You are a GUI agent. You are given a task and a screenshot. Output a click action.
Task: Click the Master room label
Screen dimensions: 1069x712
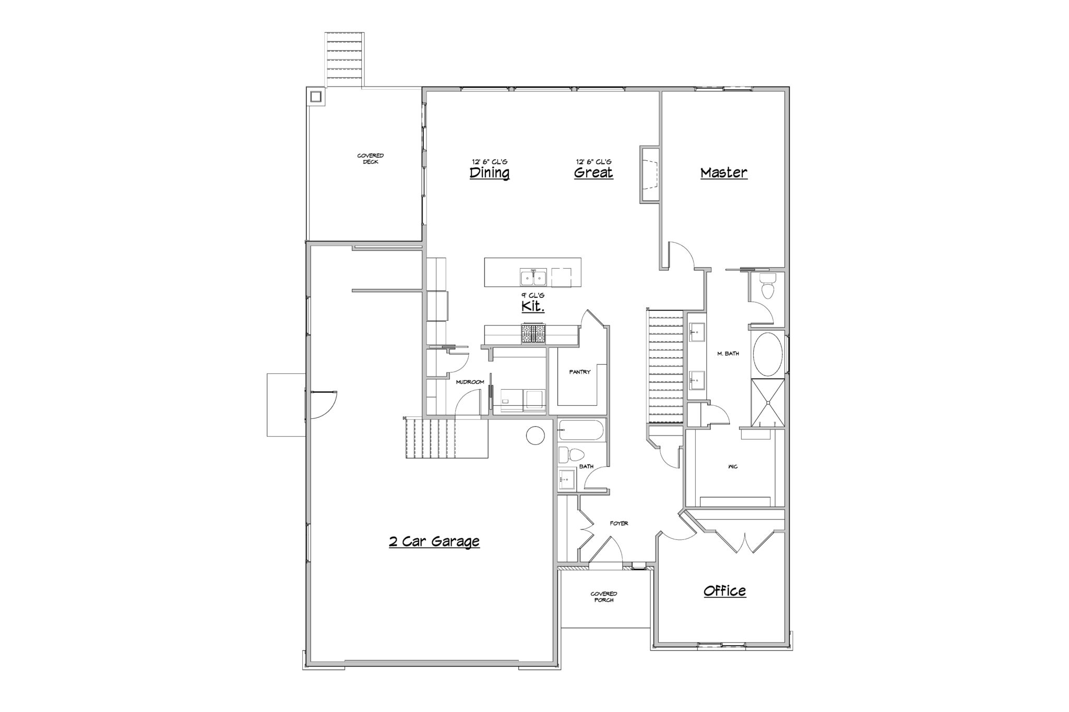click(x=723, y=173)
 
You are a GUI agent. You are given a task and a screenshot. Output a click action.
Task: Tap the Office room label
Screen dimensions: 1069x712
click(x=724, y=591)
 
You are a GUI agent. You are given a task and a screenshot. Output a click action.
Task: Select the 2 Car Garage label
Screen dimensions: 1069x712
click(x=434, y=541)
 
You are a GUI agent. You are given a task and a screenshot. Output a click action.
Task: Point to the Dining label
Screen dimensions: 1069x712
click(x=490, y=173)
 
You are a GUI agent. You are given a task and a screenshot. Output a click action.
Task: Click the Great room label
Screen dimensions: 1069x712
click(x=593, y=173)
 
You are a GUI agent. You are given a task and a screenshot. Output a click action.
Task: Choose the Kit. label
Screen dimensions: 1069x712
click(x=533, y=307)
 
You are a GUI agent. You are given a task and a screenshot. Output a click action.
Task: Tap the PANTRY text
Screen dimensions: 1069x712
click(x=580, y=372)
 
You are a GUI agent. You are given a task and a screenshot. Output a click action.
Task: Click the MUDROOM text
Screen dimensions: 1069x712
click(x=470, y=382)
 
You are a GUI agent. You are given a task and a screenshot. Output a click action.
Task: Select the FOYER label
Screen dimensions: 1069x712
click(x=619, y=523)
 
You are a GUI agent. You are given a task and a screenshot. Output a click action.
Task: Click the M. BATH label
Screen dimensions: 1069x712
click(x=728, y=354)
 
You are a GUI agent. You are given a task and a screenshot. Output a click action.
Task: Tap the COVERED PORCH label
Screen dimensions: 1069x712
click(x=604, y=597)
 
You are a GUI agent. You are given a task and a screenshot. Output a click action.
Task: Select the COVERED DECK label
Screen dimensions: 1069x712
click(x=371, y=159)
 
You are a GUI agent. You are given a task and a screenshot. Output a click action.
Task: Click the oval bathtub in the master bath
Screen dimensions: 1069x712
click(x=767, y=355)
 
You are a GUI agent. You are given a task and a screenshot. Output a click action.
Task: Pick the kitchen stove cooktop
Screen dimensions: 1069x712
click(x=533, y=333)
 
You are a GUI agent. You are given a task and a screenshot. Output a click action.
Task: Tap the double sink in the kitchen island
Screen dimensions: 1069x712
click(x=533, y=278)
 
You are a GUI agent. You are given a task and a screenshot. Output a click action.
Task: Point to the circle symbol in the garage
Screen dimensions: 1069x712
click(x=536, y=435)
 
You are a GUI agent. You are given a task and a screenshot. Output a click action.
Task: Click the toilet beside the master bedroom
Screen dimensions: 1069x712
click(x=767, y=287)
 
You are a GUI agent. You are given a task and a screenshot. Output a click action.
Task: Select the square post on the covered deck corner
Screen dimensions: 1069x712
click(x=315, y=96)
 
